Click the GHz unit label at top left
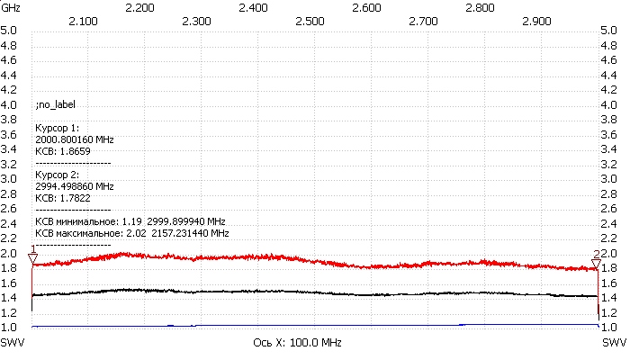[10, 7]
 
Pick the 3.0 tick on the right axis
[608, 179]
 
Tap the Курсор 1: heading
[57, 128]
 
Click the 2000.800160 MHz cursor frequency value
[74, 139]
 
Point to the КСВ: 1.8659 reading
[61, 151]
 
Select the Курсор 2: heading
[57, 174]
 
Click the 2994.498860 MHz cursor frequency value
[74, 185]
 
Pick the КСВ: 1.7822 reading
[61, 197]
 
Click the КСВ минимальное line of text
[130, 220]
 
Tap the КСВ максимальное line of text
[131, 232]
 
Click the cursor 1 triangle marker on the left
[33, 258]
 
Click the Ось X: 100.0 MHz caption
[305, 344]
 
